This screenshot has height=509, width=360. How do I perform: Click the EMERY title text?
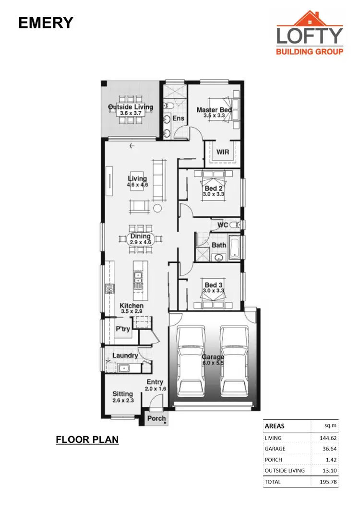coord(46,23)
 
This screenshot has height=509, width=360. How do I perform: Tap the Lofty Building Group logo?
coord(310,34)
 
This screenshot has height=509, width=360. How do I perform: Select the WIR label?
coord(223,152)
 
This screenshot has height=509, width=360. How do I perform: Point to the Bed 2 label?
coord(214,189)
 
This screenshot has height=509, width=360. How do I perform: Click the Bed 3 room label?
coord(214,285)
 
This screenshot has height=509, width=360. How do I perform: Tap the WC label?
coord(222,225)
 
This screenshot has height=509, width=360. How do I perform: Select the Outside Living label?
coord(131,107)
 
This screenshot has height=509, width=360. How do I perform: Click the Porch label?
coord(156,418)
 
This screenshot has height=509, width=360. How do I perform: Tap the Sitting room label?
coord(122,394)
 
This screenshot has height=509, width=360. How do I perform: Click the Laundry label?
coord(125,355)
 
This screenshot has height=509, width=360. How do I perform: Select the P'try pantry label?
coord(123,329)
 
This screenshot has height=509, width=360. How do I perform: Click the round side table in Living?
coord(158,208)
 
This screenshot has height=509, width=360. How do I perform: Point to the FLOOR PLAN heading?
coord(87,439)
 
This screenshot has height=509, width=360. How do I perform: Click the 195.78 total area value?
coord(326,482)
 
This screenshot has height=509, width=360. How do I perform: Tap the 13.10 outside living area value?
coord(328,470)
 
